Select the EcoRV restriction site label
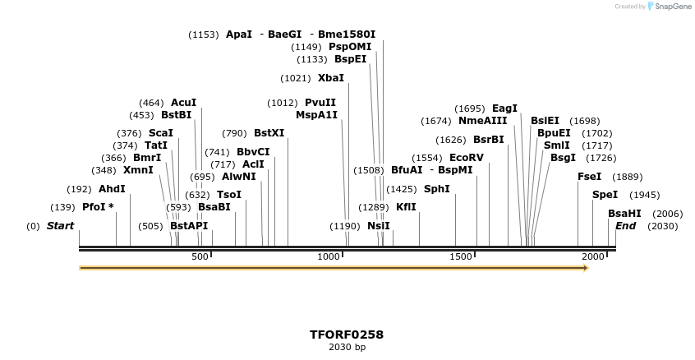click(x=467, y=158)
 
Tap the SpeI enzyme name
click(x=604, y=195)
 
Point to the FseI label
click(x=589, y=177)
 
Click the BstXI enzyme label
click(x=269, y=133)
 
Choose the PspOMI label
click(x=350, y=47)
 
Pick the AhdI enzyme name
click(x=112, y=188)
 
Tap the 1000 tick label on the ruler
click(x=329, y=257)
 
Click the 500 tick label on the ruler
click(x=200, y=257)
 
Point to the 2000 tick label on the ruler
click(x=593, y=257)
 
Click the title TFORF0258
click(x=347, y=335)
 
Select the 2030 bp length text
click(x=347, y=348)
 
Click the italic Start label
click(x=60, y=226)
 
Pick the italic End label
click(x=625, y=226)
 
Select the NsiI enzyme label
click(x=378, y=226)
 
